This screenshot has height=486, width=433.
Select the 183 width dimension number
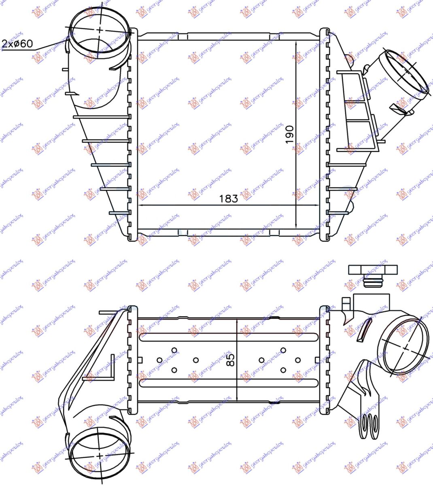229,198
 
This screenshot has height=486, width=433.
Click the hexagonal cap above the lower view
372,270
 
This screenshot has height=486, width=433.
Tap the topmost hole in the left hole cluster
174,350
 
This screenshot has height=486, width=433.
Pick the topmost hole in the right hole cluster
283,350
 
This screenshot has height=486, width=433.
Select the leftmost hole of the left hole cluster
159,360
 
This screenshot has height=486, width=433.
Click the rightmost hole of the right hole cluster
298,360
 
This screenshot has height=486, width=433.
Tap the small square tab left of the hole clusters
140,359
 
